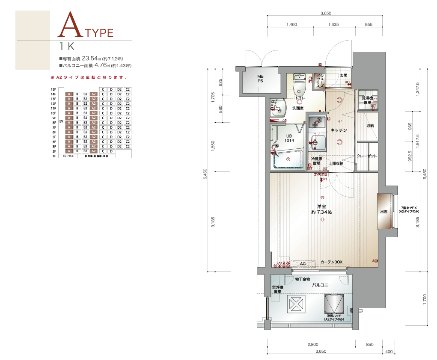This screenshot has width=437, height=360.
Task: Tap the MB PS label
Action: [x=260, y=79]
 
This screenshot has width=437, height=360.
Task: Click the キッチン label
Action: [x=338, y=130]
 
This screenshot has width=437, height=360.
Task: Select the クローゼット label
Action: [x=367, y=156]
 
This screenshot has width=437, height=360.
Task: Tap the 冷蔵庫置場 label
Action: [x=317, y=161]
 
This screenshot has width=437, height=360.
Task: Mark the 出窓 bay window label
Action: [x=384, y=212]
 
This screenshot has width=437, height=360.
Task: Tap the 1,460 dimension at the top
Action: [x=291, y=25]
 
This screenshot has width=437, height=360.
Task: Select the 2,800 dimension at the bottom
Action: [x=312, y=344]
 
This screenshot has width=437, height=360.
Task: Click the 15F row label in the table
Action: [x=54, y=89]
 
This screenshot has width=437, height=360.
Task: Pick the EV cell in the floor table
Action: [x=61, y=122]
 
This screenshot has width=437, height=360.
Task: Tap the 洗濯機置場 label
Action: [x=367, y=100]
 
